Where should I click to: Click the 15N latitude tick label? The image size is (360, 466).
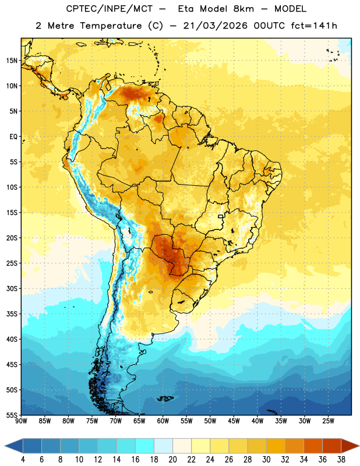click(x=12, y=61)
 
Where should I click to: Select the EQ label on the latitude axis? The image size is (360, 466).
click(x=13, y=137)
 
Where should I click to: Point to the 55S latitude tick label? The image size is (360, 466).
click(x=12, y=415)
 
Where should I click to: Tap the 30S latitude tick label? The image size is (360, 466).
click(x=12, y=288)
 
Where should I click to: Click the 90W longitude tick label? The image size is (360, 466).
click(x=21, y=421)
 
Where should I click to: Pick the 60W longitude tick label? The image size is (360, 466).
click(x=163, y=421)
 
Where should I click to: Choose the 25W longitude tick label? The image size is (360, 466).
click(x=328, y=421)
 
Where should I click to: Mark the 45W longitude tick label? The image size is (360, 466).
click(x=234, y=421)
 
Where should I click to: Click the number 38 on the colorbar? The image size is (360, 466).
click(x=341, y=460)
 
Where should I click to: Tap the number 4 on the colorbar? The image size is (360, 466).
click(x=23, y=460)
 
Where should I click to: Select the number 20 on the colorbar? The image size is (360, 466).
click(x=172, y=460)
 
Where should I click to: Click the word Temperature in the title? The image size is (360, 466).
click(x=111, y=26)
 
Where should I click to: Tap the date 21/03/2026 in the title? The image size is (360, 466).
click(x=215, y=26)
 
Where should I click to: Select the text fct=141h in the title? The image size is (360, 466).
click(x=314, y=26)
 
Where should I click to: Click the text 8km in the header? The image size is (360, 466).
click(x=243, y=9)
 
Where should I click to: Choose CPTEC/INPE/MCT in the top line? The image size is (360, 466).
click(x=109, y=9)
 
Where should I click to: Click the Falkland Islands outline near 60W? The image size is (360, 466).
click(x=165, y=398)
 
